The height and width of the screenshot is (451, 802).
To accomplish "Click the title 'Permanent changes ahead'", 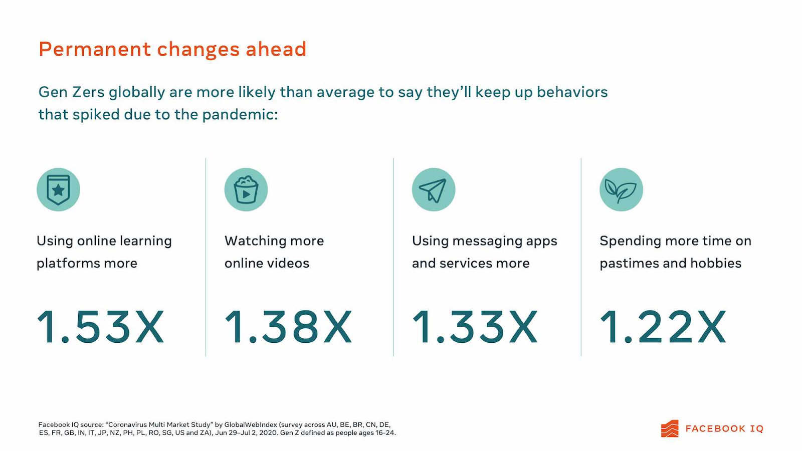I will [x=172, y=50].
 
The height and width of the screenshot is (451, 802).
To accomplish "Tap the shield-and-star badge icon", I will [x=58, y=189].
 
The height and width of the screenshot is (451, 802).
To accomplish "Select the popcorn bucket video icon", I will [x=246, y=189].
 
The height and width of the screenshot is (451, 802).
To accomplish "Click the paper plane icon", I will [x=434, y=189].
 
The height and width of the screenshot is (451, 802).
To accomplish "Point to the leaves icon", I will [x=621, y=189].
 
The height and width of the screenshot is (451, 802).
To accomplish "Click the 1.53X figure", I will [x=101, y=327].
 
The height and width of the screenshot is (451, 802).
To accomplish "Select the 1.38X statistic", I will [x=289, y=327].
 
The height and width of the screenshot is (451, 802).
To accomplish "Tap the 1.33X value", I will [x=475, y=327].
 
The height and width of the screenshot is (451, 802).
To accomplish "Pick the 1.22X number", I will [x=663, y=327].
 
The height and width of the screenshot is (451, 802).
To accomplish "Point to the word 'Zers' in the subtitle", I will [x=88, y=92].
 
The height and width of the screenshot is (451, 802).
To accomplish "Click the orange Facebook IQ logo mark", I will [x=670, y=428].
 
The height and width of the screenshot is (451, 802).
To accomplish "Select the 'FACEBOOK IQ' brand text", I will [x=724, y=429].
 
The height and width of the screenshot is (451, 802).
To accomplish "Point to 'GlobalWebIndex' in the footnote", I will [x=251, y=424].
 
